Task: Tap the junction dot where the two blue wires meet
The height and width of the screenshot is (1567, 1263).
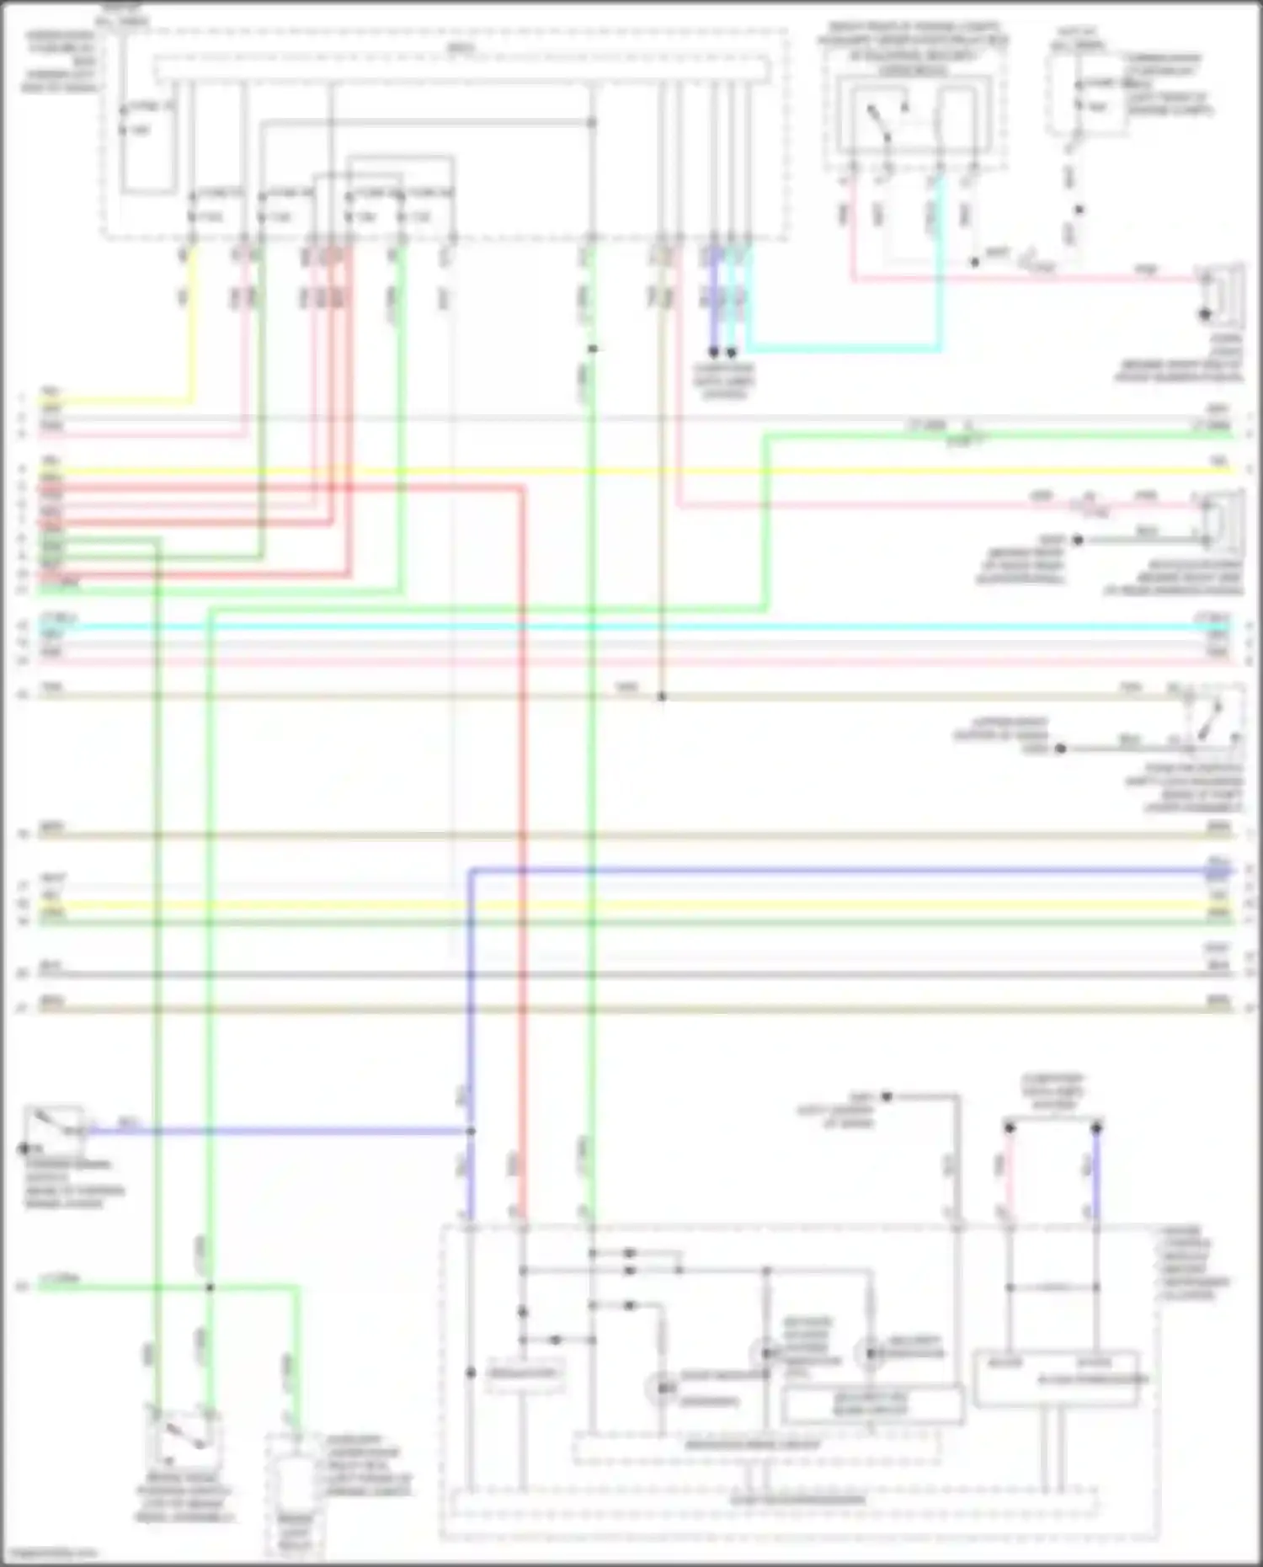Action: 471,1131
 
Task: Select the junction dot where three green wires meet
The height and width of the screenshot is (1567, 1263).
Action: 210,1287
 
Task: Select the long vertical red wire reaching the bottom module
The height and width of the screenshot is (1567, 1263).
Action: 522,842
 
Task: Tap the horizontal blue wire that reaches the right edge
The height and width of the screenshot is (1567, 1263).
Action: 842,870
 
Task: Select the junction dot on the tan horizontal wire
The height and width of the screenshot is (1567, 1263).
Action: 661,696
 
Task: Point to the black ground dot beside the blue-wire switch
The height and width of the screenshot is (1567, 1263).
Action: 24,1148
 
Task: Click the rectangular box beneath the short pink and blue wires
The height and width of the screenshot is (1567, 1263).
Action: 1056,1379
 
